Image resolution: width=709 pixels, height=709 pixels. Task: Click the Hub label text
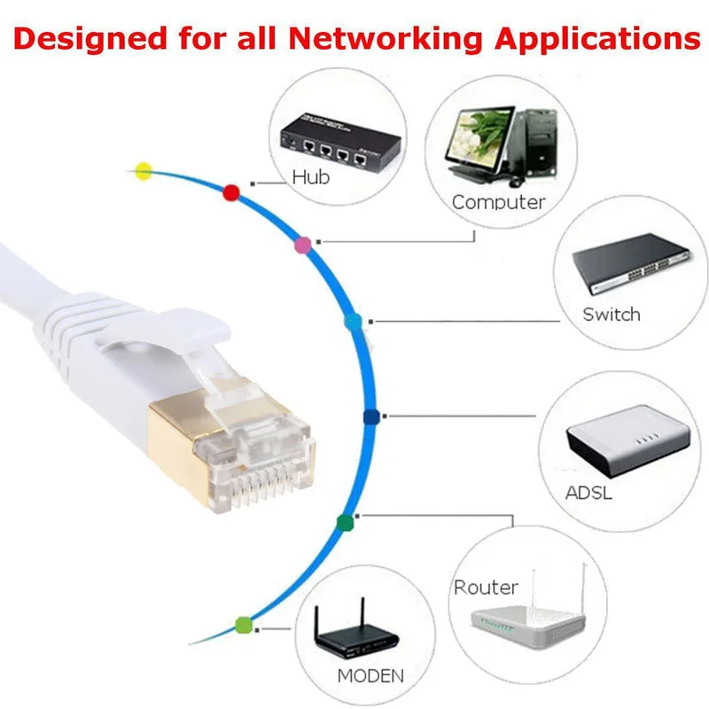310,177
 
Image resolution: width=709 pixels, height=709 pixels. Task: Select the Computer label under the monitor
498,202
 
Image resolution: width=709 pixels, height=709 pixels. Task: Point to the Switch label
611,314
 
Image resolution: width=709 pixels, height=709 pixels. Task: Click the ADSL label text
588,493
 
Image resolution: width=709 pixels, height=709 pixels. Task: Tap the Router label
486,587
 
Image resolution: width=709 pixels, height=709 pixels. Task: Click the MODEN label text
370,675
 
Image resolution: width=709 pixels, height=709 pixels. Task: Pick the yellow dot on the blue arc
143,171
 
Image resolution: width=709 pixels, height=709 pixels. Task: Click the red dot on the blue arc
232,192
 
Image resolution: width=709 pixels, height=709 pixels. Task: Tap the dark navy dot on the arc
371,417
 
